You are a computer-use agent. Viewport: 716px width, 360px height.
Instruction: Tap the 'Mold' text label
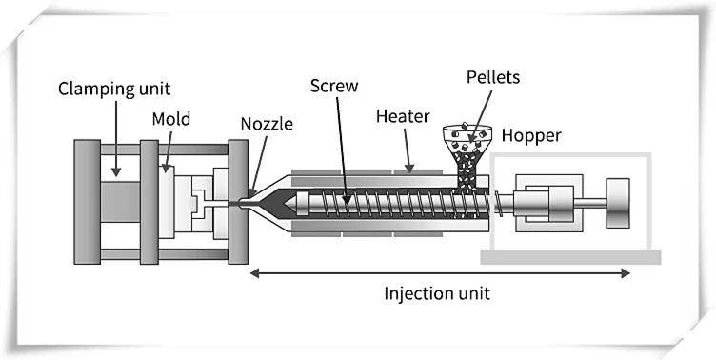(170, 119)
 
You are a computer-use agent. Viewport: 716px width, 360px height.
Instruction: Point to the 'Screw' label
(332, 86)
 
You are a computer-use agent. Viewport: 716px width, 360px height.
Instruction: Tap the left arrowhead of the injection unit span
(254, 273)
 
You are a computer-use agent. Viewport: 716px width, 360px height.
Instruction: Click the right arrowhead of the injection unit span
(626, 273)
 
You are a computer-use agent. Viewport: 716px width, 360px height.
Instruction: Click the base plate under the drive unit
(571, 256)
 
